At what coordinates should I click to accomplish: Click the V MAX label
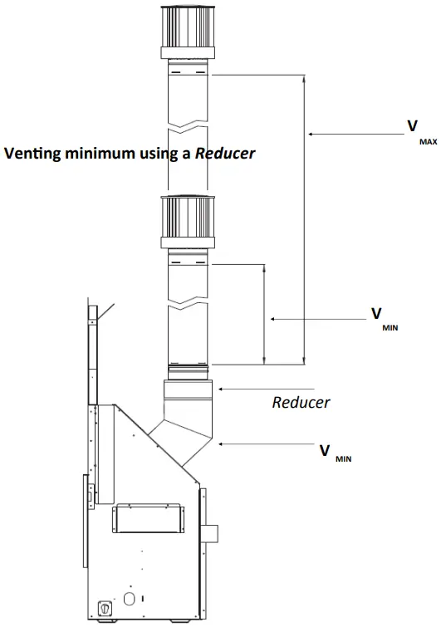click(x=422, y=132)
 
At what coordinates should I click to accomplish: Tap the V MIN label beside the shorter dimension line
click(x=385, y=319)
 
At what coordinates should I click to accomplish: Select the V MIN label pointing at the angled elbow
click(x=336, y=453)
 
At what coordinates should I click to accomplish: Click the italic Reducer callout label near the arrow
click(x=301, y=402)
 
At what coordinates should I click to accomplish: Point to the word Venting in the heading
click(x=32, y=154)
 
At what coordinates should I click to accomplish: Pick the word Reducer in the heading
click(x=225, y=153)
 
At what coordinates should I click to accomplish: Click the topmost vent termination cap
click(x=188, y=33)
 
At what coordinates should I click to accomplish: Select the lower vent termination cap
click(x=188, y=223)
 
